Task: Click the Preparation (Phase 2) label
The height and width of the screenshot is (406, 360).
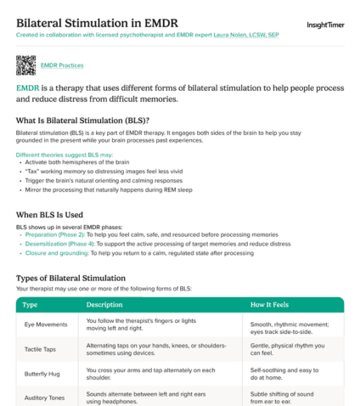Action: tap(53, 234)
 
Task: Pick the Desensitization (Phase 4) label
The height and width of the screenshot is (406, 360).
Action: tap(58, 243)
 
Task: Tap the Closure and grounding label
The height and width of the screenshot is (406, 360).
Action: tap(55, 252)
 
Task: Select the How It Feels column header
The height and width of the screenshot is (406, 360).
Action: tap(273, 304)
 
